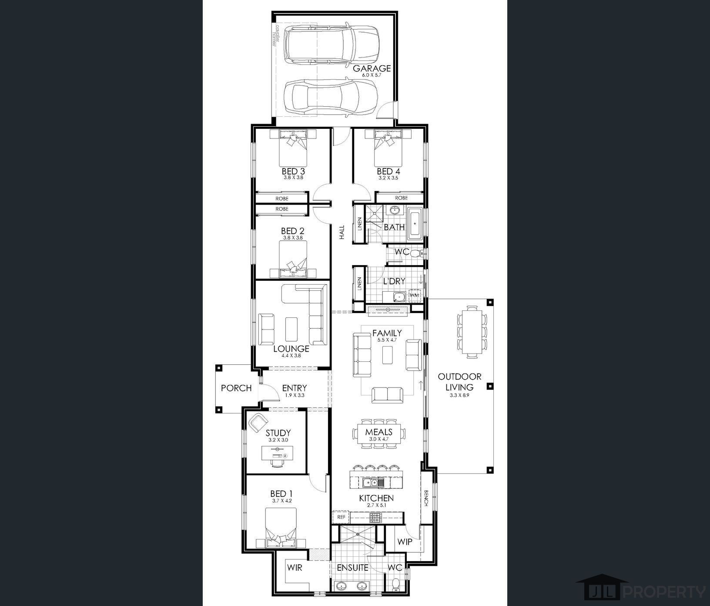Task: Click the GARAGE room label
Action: pyautogui.click(x=372, y=68)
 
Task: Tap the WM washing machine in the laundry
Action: pyautogui.click(x=414, y=295)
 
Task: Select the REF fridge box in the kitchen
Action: pyautogui.click(x=342, y=517)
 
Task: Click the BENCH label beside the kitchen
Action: pyautogui.click(x=426, y=498)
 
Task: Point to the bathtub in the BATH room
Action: pyautogui.click(x=414, y=225)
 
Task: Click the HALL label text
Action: pyautogui.click(x=342, y=232)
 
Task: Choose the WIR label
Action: pyautogui.click(x=295, y=568)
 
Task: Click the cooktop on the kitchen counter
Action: pyautogui.click(x=375, y=517)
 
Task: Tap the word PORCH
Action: pyautogui.click(x=236, y=388)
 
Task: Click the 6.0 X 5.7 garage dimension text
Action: pyautogui.click(x=371, y=76)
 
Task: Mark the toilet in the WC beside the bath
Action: pyautogui.click(x=415, y=253)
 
